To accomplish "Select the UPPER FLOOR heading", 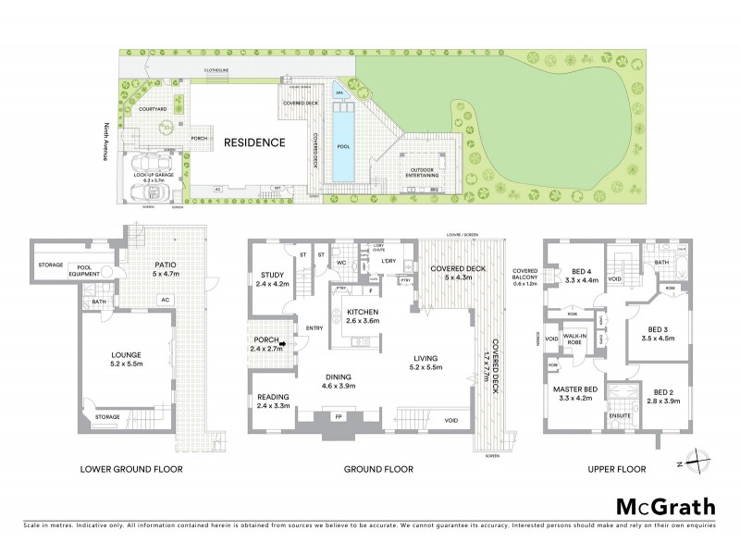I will (615, 470).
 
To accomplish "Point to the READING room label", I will (273, 401).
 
